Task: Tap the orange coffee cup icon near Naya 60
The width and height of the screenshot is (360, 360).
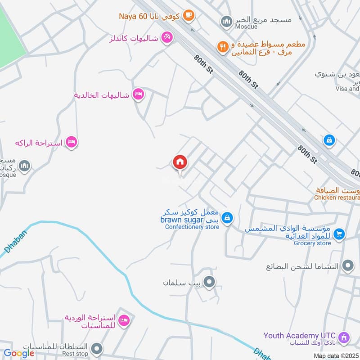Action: click(x=189, y=16)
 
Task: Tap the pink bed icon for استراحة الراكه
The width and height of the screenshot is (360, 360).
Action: click(x=71, y=143)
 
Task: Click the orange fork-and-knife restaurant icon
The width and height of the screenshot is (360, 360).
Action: click(x=222, y=46)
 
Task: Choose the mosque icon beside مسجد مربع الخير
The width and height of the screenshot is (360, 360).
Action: click(x=225, y=21)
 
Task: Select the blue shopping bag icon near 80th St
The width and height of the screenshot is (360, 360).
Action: click(x=329, y=140)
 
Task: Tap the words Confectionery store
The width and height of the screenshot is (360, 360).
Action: click(x=192, y=227)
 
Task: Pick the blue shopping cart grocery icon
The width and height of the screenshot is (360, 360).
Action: click(x=340, y=234)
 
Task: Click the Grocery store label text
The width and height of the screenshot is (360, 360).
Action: click(x=312, y=243)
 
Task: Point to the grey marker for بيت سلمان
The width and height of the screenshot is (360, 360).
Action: click(x=209, y=283)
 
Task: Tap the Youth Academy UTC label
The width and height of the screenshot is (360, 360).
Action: click(x=300, y=335)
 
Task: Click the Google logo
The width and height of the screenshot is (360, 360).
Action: click(x=19, y=353)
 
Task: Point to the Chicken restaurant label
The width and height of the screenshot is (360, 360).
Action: click(x=337, y=197)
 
